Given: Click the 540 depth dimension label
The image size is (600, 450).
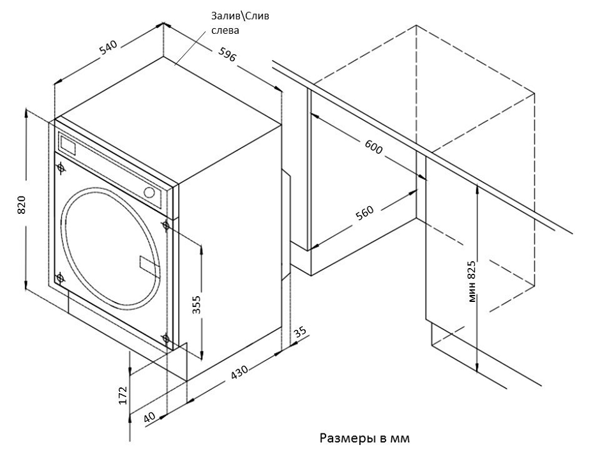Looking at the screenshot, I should pos(109,49).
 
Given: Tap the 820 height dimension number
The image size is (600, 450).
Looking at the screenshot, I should pos(22,204).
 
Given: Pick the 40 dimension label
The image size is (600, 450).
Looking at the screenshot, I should pos(149,417).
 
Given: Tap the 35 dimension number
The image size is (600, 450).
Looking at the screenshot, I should pos(300,333).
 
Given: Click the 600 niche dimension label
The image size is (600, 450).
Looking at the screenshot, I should pos(373,148).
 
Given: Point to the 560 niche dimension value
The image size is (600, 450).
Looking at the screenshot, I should pos(365,213).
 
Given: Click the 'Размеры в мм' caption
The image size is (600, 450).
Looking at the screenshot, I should pos(363,439).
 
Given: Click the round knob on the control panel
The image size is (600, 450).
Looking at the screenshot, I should pos(150,192).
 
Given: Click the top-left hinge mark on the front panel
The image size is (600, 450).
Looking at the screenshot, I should pos(61,169).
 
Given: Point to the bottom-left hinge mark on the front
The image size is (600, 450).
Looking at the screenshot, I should pos(60,278).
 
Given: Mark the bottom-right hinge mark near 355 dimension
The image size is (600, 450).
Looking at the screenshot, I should pos(167,338).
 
